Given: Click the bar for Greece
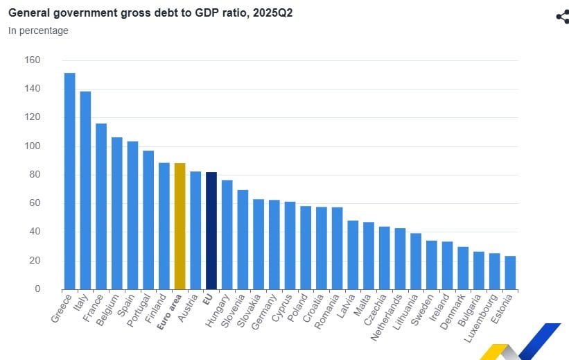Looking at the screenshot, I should (69, 181).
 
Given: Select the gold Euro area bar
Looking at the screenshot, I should (180, 226).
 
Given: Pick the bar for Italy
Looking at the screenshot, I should (85, 190).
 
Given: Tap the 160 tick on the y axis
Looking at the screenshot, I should (33, 60).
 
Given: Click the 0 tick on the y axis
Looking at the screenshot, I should (37, 289).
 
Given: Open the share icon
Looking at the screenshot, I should (562, 17).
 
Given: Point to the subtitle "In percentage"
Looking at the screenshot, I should (38, 31).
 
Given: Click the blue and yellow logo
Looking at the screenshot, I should (521, 343).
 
